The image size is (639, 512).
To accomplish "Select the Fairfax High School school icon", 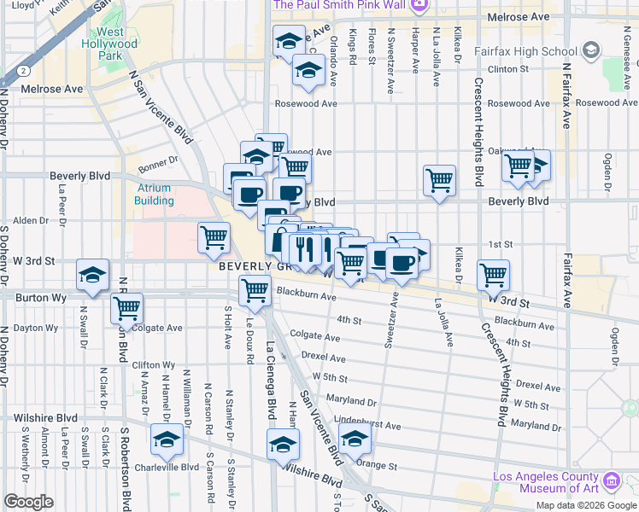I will coord(590,50).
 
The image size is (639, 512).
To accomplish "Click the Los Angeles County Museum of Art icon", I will coord(612,482).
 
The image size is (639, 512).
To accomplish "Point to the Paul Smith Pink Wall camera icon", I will coord(419,6).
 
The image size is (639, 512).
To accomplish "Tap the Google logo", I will coord(28,502).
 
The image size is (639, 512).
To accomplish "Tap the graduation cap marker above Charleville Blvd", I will coord(167,439).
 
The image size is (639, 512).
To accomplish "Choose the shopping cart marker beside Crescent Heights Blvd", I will coord(493,275).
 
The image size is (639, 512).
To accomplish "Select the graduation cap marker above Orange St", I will coord(354,439).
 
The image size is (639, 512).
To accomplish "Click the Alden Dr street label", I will coord(31,220).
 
